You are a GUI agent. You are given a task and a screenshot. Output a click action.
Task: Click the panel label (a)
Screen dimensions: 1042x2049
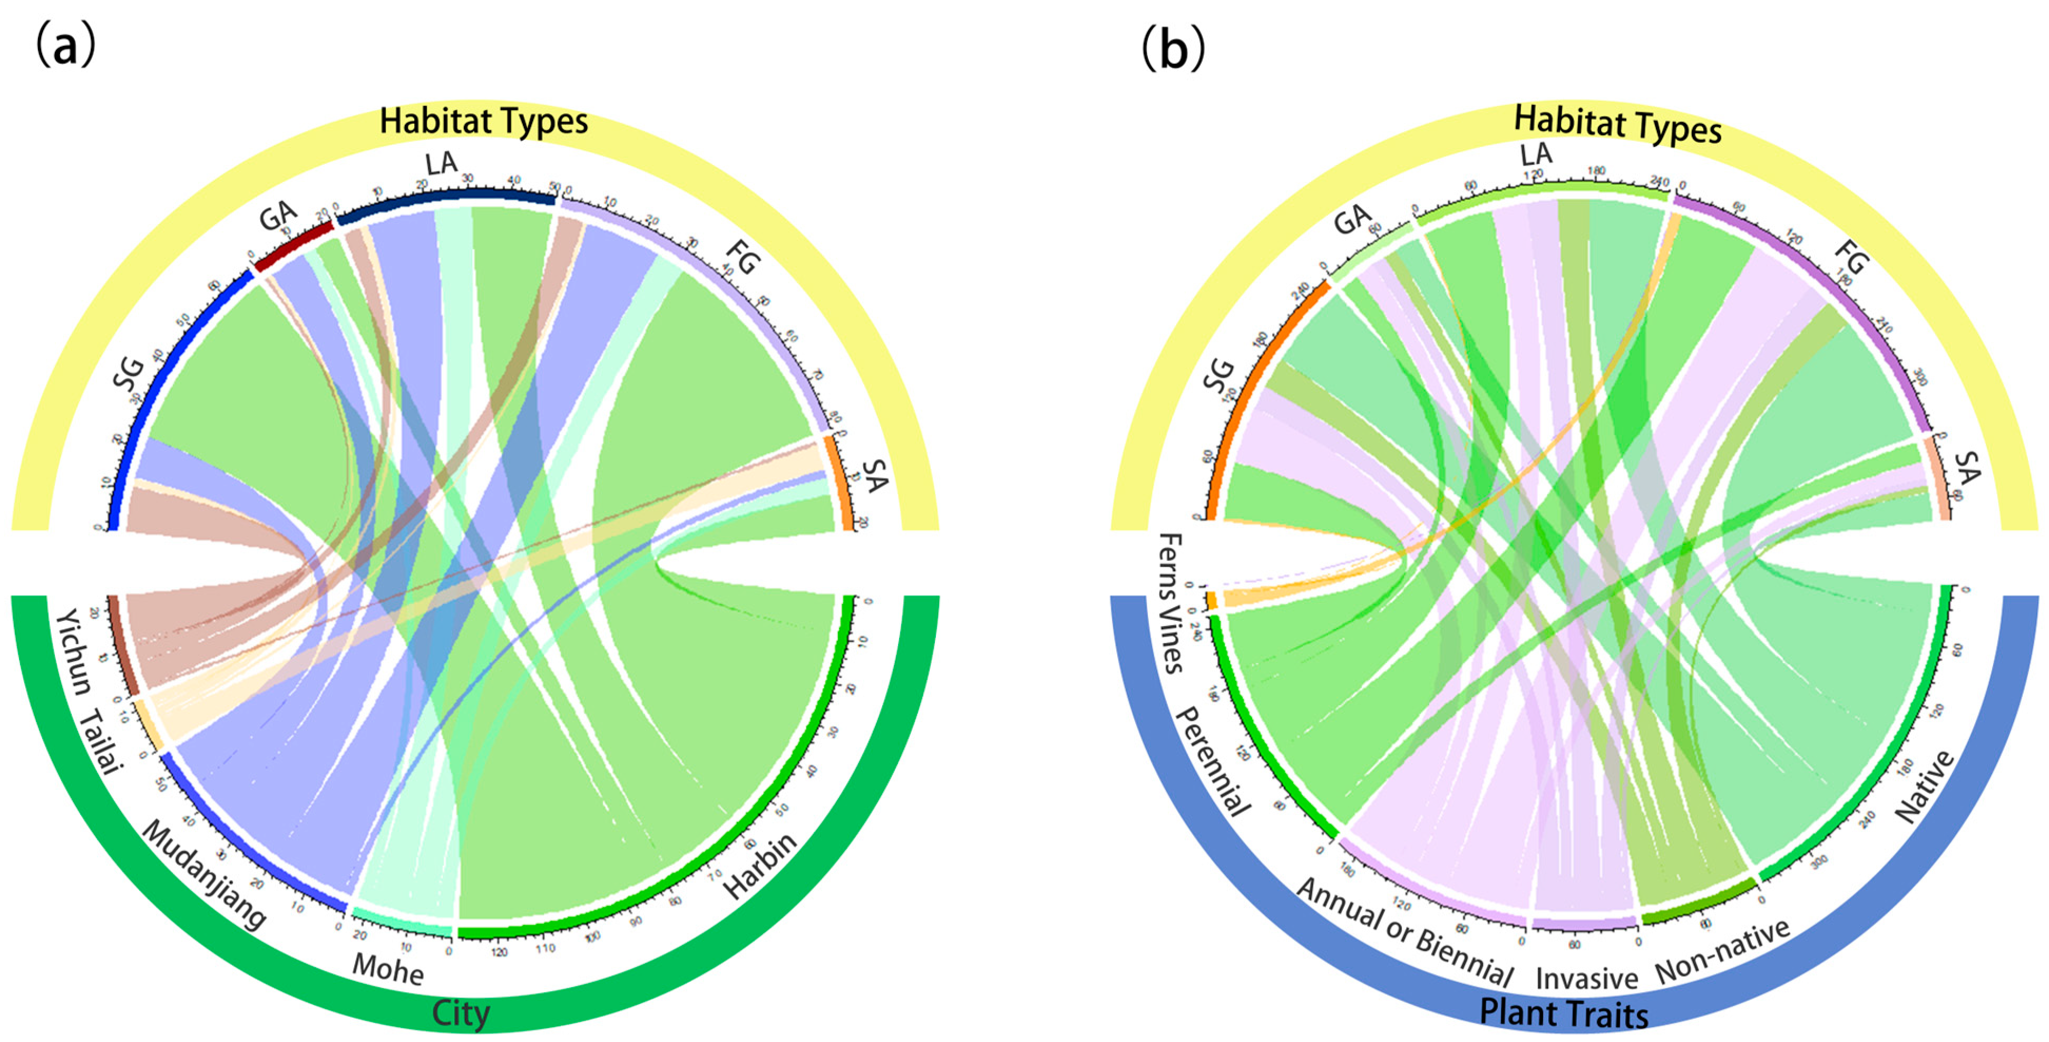coord(65,46)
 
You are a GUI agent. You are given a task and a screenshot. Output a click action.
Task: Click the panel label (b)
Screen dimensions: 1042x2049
coord(1173,48)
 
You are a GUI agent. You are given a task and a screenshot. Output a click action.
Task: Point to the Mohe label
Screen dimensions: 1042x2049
coord(387,969)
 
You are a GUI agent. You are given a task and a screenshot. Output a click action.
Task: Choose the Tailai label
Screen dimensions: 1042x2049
coord(102,740)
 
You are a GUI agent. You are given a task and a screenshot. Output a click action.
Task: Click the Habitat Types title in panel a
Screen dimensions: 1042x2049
coord(484,121)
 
